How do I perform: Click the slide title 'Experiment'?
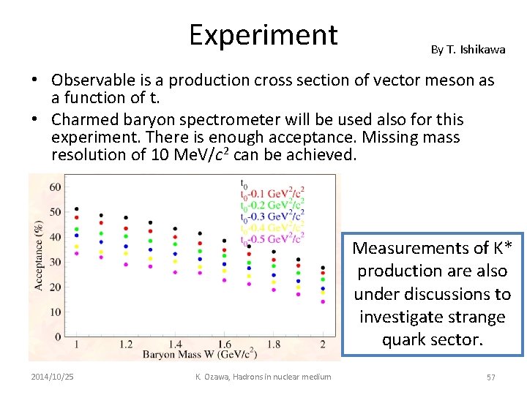[x=263, y=35]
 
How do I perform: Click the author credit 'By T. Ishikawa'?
[x=468, y=50]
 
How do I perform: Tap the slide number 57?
[x=490, y=377]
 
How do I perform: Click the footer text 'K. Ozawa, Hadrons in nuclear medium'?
[x=263, y=377]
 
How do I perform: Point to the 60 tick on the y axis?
[x=55, y=187]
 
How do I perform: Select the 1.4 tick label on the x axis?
[x=175, y=344]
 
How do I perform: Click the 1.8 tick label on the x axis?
[x=274, y=344]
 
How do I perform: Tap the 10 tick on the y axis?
[x=55, y=312]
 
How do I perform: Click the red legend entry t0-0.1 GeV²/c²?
[x=272, y=195]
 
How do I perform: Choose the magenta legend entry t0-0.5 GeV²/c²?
[x=272, y=238]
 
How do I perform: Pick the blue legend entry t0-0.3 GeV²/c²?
[x=272, y=217]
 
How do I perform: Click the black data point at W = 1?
[x=77, y=209]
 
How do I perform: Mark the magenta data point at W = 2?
[x=323, y=301]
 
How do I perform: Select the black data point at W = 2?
[x=323, y=268]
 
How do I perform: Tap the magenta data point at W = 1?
[x=77, y=253]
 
